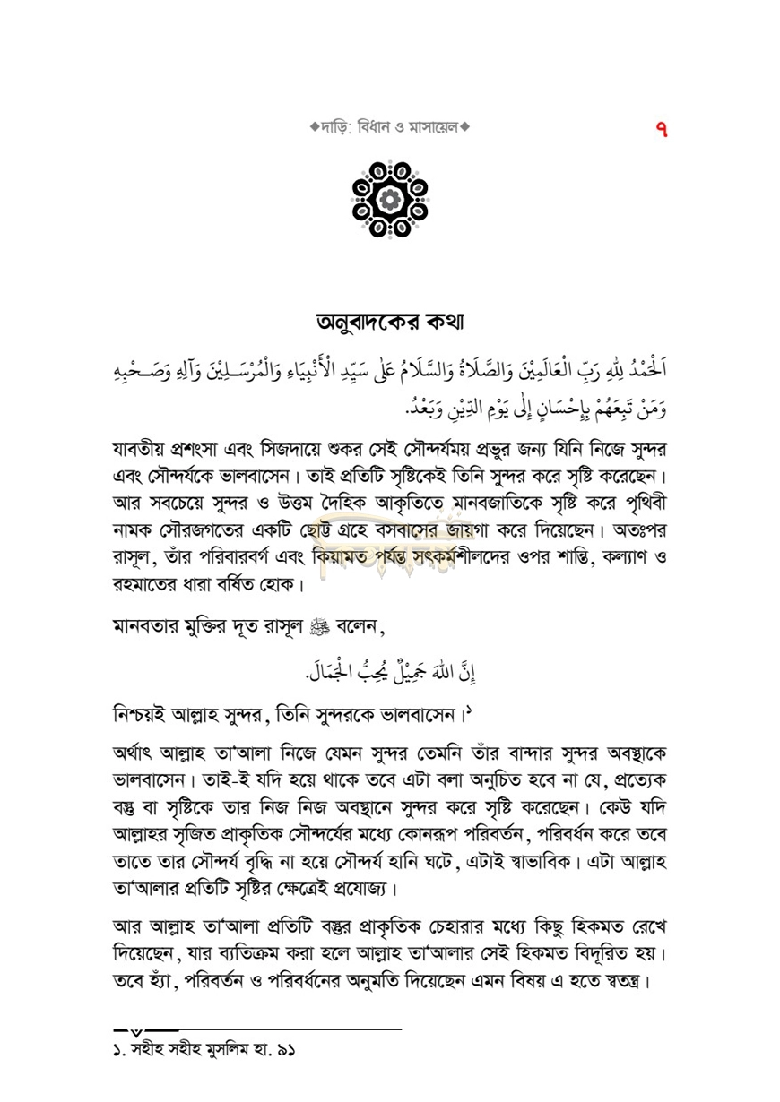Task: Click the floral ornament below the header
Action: click(x=390, y=200)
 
